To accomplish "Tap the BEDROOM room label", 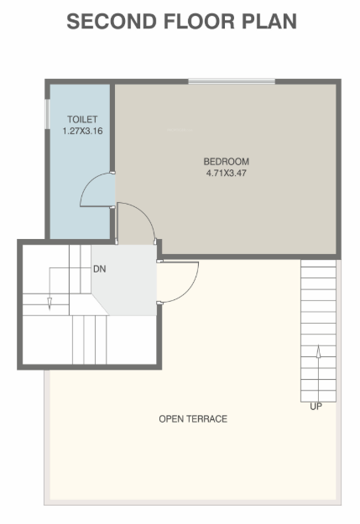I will [227, 161].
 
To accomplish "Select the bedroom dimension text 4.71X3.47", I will [227, 173].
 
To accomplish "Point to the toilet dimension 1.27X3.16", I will [82, 131].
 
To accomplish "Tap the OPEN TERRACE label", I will [193, 418].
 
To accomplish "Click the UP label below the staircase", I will [316, 407].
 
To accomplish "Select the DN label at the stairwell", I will [98, 270].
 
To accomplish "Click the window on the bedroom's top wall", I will [232, 81].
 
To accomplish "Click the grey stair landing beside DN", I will [126, 281].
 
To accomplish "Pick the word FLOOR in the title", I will [180, 22].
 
